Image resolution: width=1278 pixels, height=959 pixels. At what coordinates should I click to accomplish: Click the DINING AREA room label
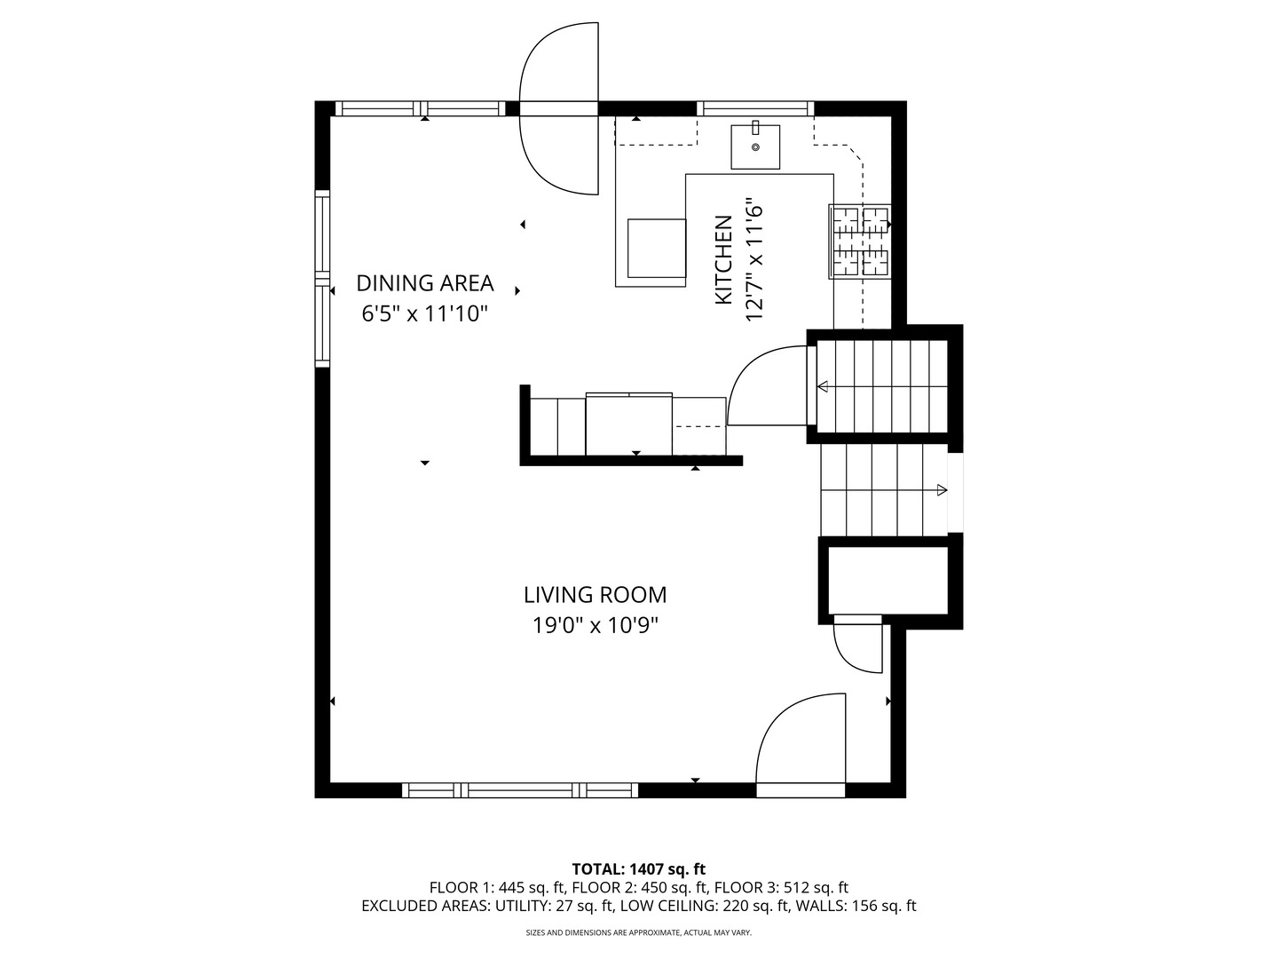click(x=424, y=283)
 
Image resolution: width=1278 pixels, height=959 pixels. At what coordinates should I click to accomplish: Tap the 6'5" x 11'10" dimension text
click(x=424, y=313)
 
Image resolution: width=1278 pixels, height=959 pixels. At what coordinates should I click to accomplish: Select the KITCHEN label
click(x=723, y=259)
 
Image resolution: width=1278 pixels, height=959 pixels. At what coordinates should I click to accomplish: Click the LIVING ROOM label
click(x=595, y=595)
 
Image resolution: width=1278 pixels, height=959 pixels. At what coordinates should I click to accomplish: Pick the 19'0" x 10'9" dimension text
click(x=595, y=626)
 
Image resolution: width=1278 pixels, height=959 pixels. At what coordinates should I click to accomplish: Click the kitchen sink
click(x=755, y=147)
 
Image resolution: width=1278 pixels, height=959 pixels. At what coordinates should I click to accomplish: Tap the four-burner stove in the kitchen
click(x=860, y=241)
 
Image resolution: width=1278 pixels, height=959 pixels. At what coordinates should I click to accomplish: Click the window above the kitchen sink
click(x=755, y=108)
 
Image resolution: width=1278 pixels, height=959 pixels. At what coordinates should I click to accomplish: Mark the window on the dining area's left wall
click(x=322, y=278)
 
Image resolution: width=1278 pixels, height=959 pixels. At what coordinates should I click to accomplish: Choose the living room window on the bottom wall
click(x=520, y=790)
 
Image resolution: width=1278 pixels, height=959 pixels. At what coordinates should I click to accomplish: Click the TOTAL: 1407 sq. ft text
click(x=639, y=869)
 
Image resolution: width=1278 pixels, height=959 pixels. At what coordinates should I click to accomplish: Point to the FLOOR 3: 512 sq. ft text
click(x=781, y=888)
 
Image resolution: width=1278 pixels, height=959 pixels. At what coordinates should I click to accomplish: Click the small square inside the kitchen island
click(x=657, y=248)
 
